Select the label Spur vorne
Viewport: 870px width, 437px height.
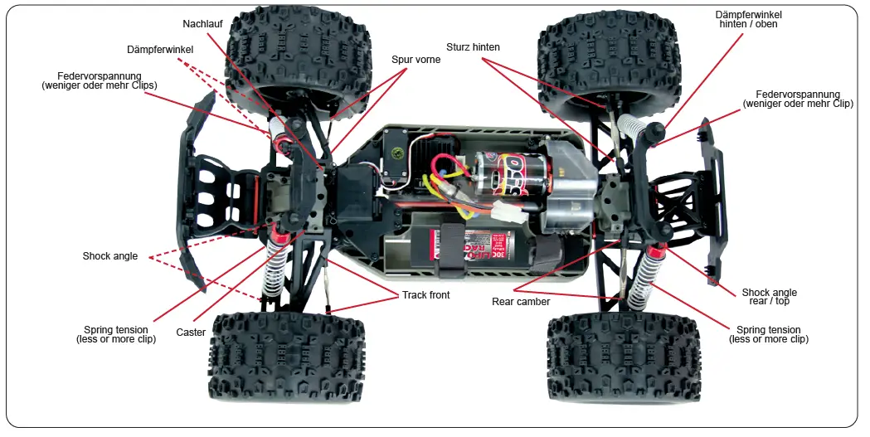(x=416, y=60)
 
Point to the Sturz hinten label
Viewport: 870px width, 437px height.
(x=473, y=47)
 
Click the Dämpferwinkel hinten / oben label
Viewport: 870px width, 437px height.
(x=749, y=19)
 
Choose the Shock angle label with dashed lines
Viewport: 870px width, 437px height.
(x=109, y=255)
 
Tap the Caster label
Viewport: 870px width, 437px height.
(x=191, y=333)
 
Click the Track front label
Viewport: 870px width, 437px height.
(x=426, y=295)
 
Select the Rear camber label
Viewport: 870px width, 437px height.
(x=521, y=302)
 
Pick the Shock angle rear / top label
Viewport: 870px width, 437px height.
(x=769, y=297)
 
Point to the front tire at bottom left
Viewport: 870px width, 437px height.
(x=286, y=357)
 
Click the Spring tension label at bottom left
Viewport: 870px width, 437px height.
(x=116, y=334)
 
